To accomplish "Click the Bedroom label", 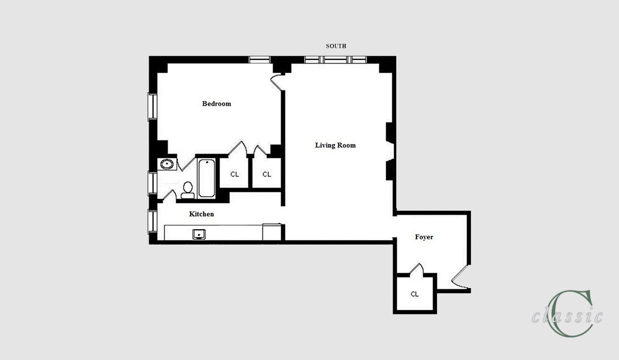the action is (x=216, y=104).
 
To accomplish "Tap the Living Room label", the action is (x=335, y=145).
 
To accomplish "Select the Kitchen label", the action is (x=202, y=214).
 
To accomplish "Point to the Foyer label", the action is (x=424, y=237).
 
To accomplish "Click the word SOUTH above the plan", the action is (x=336, y=46).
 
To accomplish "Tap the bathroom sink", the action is (x=167, y=164).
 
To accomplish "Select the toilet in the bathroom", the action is (x=187, y=190).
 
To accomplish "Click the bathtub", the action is (x=206, y=178).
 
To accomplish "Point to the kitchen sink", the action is (x=199, y=234).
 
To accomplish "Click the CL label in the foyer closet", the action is (x=414, y=294).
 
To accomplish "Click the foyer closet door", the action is (x=416, y=269).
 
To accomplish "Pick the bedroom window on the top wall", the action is (x=259, y=60).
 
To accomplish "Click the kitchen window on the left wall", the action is (x=152, y=221).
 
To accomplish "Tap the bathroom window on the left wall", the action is (x=152, y=183).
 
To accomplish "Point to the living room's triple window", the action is (x=335, y=60).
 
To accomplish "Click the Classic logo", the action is (x=568, y=314).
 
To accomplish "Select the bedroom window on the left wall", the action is (x=152, y=107).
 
